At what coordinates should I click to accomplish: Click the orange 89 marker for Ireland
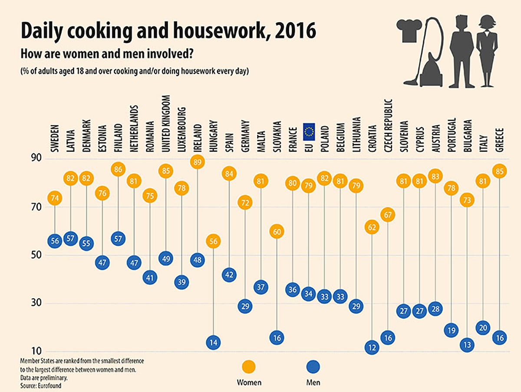point(198,161)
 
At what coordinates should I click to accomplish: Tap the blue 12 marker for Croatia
point(372,347)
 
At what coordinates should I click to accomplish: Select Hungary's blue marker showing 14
point(213,343)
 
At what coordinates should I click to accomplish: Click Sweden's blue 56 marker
point(55,241)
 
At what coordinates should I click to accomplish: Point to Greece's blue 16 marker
point(500,338)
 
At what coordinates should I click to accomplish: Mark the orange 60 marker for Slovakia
point(277,232)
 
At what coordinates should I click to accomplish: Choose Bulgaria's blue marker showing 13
point(467,345)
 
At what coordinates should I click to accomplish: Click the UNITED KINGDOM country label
point(166,124)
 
